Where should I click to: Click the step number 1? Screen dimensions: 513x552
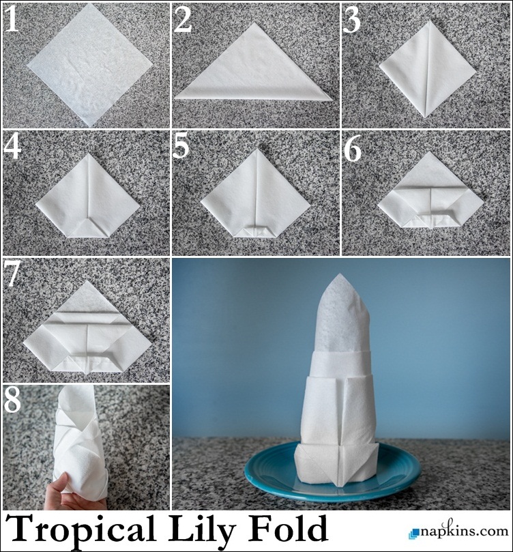point(12,19)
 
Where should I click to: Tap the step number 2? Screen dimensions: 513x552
point(183,20)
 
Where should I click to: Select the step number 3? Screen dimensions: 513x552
point(351,20)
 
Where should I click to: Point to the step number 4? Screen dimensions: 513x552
point(12,147)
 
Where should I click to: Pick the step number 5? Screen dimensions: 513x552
point(181,147)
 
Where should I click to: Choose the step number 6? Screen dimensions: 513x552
point(352,149)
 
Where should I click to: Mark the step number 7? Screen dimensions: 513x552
point(13,274)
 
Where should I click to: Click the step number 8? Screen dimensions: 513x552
point(12,401)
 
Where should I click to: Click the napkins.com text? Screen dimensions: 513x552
point(464,531)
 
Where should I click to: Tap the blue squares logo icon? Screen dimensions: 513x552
point(414,533)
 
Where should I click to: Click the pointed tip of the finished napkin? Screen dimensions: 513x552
point(339,274)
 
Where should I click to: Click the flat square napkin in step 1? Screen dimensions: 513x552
point(90,65)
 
